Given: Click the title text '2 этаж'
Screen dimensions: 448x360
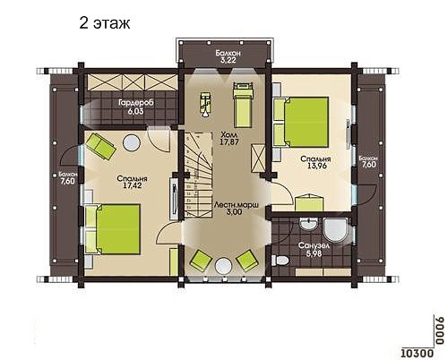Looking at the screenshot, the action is click(x=105, y=23).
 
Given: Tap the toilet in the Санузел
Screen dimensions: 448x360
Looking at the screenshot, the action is click(x=280, y=260).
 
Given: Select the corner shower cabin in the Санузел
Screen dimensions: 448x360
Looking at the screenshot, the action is click(x=336, y=230).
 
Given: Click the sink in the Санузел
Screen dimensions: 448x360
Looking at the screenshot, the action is click(x=308, y=224).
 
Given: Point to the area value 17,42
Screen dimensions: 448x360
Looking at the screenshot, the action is click(x=132, y=185).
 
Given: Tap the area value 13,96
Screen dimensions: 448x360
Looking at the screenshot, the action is click(x=315, y=166).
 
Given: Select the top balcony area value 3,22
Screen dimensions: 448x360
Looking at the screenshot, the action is click(x=228, y=60).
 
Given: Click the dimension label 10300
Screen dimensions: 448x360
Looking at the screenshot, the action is click(x=417, y=354).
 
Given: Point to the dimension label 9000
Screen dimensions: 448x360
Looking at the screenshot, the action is click(x=438, y=331).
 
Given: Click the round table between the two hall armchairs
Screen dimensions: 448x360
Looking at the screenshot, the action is click(x=223, y=266).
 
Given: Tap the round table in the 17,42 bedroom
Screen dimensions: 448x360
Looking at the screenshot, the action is click(x=132, y=142).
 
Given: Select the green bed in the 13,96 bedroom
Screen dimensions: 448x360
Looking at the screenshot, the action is click(x=301, y=122).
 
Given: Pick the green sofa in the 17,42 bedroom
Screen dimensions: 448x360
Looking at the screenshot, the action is click(x=100, y=146).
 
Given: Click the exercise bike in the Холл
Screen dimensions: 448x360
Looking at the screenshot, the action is click(x=205, y=104).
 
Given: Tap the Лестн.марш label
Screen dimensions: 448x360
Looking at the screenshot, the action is click(x=236, y=205).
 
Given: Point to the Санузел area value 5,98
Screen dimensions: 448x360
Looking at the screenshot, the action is click(x=314, y=254).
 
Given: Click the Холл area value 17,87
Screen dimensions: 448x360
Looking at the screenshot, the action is click(x=229, y=142).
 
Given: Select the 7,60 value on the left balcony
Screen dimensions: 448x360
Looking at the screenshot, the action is click(x=68, y=181).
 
